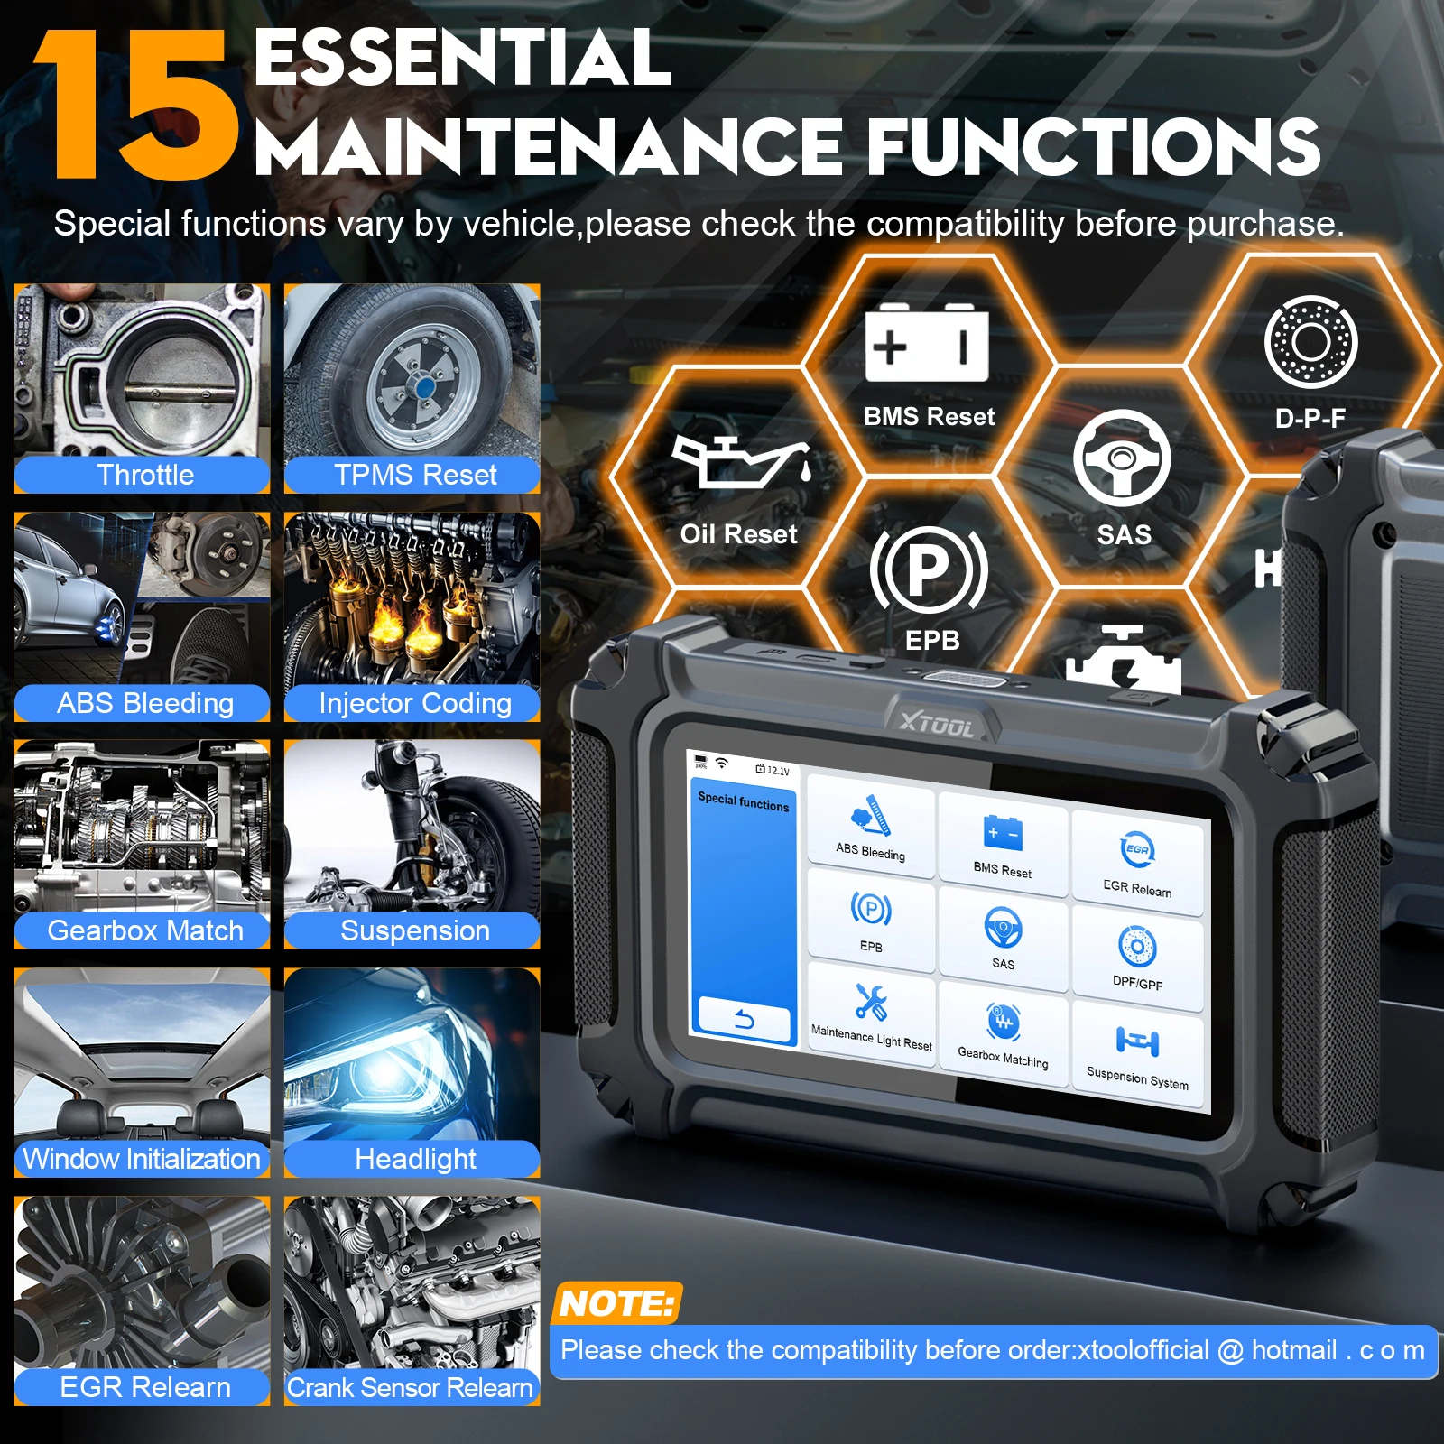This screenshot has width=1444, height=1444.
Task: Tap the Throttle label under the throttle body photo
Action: [x=144, y=475]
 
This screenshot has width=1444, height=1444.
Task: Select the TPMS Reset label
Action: [x=414, y=475]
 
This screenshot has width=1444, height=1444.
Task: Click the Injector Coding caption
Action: [x=414, y=703]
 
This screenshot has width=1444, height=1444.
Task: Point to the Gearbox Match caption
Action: [x=144, y=930]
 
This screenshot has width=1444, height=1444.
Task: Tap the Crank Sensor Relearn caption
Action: [x=411, y=1387]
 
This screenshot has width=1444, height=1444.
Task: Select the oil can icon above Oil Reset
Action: [x=739, y=461]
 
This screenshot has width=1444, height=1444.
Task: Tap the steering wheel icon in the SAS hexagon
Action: [x=1122, y=458]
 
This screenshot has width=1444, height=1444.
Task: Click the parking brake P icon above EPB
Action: [x=929, y=569]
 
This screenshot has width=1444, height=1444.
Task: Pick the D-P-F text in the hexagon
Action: [x=1310, y=419]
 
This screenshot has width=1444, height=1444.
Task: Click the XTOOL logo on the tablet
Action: [x=938, y=724]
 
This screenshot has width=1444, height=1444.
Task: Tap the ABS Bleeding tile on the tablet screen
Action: [x=870, y=826]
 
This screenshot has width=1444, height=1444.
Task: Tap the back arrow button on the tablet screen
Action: [x=744, y=1021]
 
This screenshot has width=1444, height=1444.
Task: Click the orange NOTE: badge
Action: [x=616, y=1303]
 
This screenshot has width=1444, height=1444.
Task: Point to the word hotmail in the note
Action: [x=1293, y=1350]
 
